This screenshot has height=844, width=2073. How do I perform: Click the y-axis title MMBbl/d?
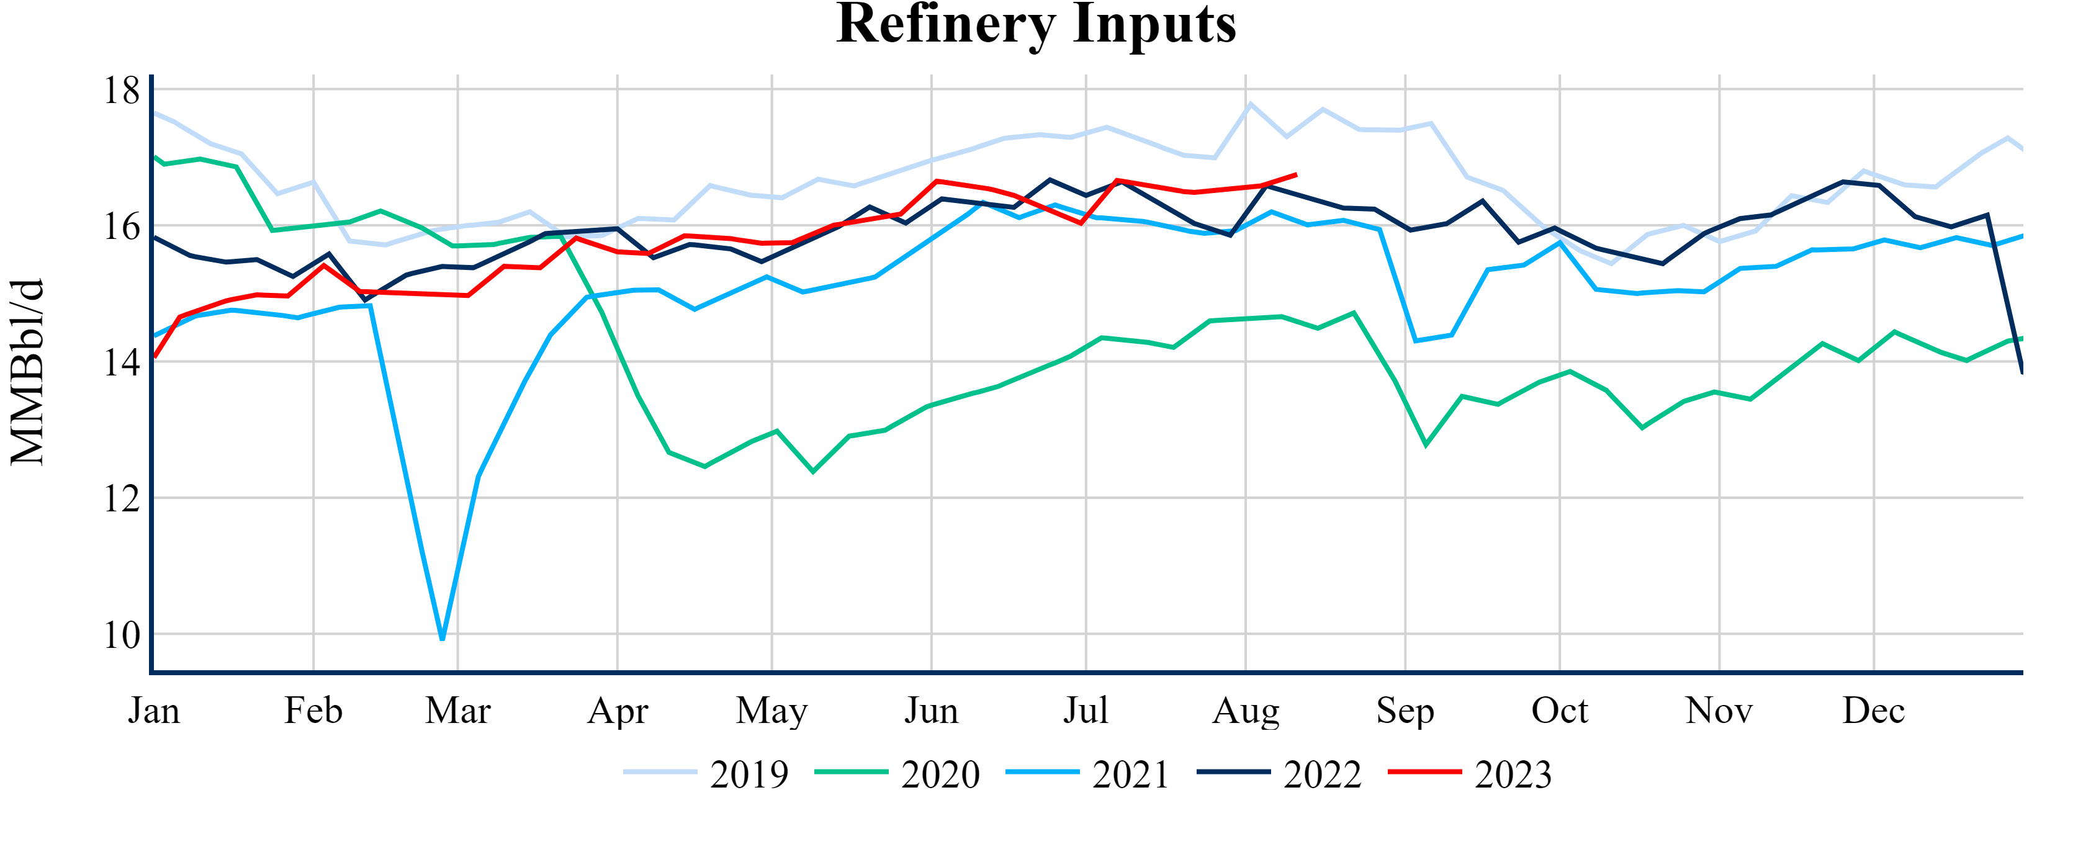click(27, 372)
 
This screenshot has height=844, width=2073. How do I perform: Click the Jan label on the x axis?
click(154, 711)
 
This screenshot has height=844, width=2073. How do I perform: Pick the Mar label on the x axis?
click(458, 711)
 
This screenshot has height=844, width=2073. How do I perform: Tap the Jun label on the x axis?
click(931, 711)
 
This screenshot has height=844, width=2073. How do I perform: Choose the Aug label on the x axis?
click(1246, 711)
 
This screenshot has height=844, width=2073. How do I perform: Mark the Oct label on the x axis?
click(1560, 711)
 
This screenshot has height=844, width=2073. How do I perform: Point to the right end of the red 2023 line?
click(1297, 174)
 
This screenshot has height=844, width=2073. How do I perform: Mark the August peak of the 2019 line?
click(1250, 104)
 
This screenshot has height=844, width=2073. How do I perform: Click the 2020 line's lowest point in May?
click(813, 472)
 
